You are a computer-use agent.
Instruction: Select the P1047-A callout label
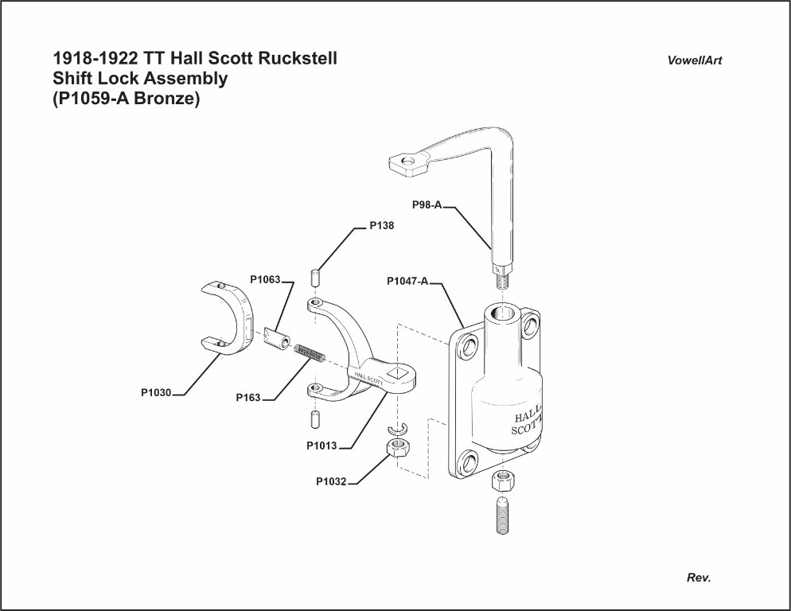click(407, 281)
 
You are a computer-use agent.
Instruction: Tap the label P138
click(381, 226)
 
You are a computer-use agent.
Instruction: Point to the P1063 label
click(265, 279)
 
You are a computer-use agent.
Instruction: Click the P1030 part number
click(156, 392)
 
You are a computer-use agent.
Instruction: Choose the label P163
click(248, 398)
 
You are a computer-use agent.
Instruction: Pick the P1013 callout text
click(321, 446)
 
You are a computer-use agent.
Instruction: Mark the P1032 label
click(330, 481)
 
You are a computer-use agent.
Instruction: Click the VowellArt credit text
click(695, 61)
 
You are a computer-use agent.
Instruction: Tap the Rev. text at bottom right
click(698, 578)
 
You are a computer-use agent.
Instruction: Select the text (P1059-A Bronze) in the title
click(125, 100)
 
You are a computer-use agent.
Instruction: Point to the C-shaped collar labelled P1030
click(227, 318)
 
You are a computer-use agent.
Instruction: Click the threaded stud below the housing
click(502, 515)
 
